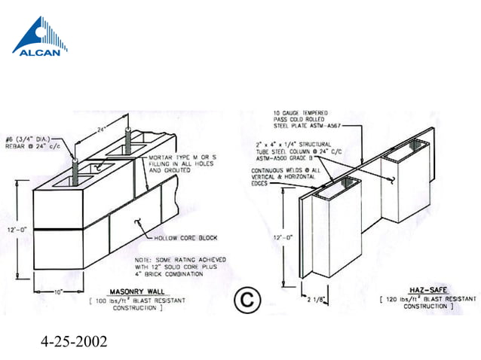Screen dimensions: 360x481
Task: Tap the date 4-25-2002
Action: pyautogui.click(x=73, y=340)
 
